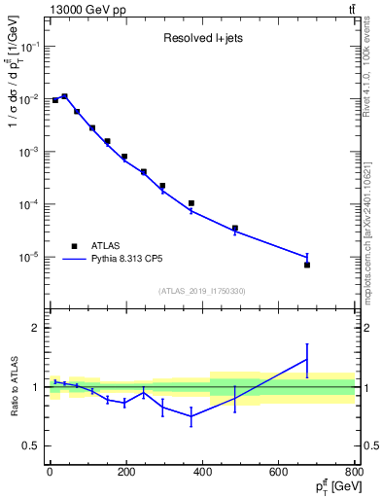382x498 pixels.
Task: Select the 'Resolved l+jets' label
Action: point(199,40)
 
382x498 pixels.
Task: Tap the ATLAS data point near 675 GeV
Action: point(307,265)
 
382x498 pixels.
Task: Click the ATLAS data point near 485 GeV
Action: point(234,229)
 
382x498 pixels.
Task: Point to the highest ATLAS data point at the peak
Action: point(64,96)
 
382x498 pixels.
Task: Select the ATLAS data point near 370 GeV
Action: point(191,203)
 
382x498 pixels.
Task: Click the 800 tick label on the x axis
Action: point(354,472)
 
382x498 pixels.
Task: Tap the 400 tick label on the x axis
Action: point(202,472)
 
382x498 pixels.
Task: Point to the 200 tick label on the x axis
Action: point(125,472)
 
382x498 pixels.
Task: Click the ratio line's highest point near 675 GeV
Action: point(307,360)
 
